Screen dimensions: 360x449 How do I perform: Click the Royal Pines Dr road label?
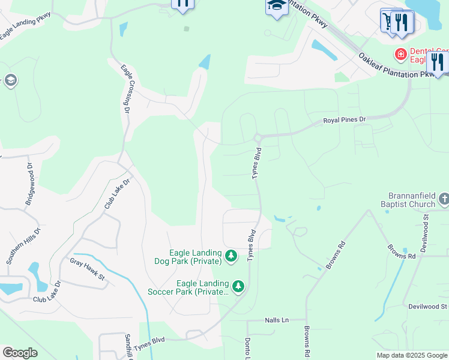coord(345,120)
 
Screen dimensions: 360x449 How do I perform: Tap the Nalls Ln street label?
coord(277,320)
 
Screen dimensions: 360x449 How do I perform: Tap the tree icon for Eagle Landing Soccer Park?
coord(239,287)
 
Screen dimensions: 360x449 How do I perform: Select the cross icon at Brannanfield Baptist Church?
coord(444,199)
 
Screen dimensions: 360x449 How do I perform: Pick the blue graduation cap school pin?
coord(276,6)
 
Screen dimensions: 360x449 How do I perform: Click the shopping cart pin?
coord(390,20)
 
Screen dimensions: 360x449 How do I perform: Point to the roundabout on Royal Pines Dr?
coord(258,138)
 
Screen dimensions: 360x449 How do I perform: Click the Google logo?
coord(20,353)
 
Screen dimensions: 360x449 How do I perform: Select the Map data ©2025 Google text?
coord(412,355)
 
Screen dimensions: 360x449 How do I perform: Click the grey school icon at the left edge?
coord(10,80)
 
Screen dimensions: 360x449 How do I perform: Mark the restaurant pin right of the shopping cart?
coord(402,22)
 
